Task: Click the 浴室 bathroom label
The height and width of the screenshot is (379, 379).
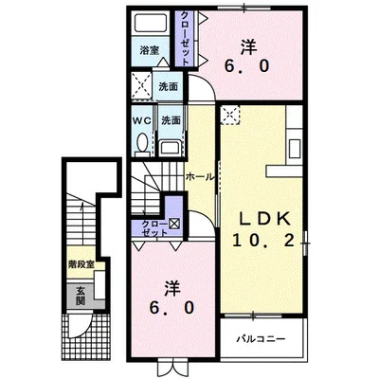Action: click(x=150, y=50)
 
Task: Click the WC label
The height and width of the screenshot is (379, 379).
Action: click(x=142, y=120)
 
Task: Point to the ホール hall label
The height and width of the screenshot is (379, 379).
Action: click(x=200, y=177)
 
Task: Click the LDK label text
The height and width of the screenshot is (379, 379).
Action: click(x=264, y=219)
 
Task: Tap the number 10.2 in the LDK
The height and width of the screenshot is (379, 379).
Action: click(x=264, y=242)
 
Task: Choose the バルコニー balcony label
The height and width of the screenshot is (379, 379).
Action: click(x=262, y=339)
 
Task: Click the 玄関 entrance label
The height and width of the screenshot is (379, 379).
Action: click(x=81, y=296)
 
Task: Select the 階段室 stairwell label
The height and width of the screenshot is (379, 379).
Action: click(x=81, y=264)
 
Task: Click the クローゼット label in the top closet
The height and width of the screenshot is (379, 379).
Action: click(x=186, y=38)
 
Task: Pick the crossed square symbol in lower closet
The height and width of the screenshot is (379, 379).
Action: click(x=174, y=224)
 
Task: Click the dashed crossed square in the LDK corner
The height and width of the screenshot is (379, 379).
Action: click(x=230, y=115)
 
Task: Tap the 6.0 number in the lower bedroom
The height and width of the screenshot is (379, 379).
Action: click(x=171, y=308)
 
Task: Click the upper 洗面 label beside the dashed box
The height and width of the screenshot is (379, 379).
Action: click(x=168, y=86)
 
